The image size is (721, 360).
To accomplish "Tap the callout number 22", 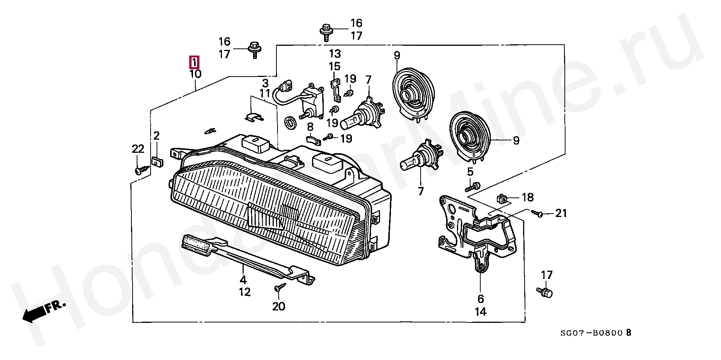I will (x=138, y=149).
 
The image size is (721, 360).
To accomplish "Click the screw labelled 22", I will (x=139, y=170).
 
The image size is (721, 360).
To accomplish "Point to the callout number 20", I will (x=279, y=306).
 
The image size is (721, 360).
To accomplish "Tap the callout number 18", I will (x=527, y=197).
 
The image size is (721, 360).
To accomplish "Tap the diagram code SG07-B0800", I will (x=592, y=333).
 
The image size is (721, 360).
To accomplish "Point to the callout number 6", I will (x=481, y=299).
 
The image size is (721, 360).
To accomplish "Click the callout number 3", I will (x=265, y=83).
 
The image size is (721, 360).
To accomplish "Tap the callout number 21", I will (x=561, y=213).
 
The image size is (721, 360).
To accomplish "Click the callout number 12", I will (x=244, y=292).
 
